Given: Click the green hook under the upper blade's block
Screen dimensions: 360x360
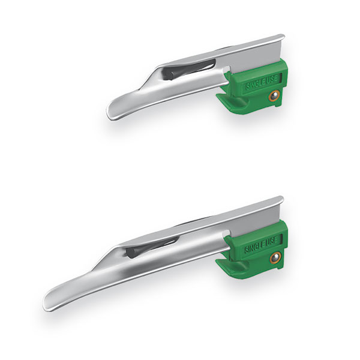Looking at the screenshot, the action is pos(232,102).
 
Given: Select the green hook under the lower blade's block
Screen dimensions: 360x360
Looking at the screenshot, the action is pos(232,263).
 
